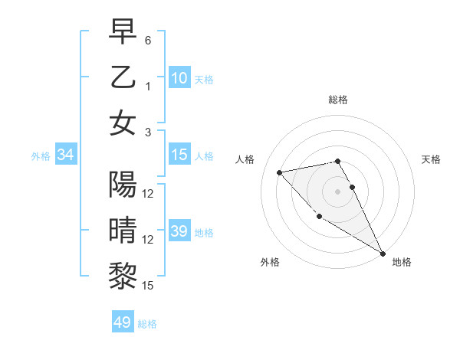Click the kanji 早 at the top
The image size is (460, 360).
tap(123, 31)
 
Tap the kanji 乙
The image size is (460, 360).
tap(123, 77)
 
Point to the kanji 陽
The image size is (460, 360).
tap(123, 185)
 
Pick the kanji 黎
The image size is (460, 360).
tap(123, 276)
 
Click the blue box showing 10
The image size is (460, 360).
tap(179, 78)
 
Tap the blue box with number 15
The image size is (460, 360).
tap(179, 155)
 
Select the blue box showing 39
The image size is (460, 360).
tap(179, 231)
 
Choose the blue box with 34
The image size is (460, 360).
tap(65, 155)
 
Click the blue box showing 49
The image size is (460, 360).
tap(123, 322)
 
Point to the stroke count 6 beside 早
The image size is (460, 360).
tap(148, 40)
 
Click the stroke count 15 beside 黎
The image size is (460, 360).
tap(148, 285)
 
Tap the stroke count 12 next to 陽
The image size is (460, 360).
tap(148, 194)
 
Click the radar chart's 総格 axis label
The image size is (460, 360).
tap(337, 100)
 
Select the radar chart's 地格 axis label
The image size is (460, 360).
tap(402, 262)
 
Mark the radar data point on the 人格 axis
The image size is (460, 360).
tap(280, 172)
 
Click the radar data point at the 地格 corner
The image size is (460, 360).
tap(383, 253)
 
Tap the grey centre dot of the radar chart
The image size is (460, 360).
tap(337, 191)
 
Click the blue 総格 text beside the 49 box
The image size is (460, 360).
tap(147, 324)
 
